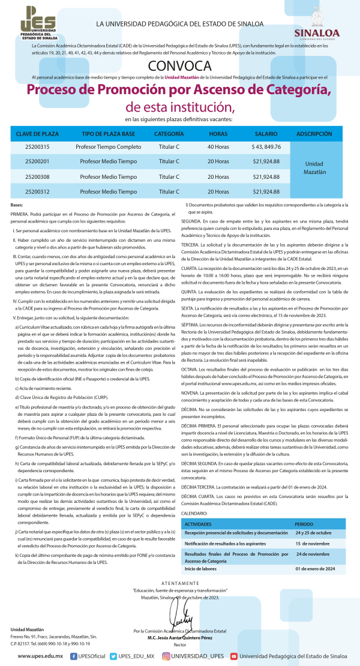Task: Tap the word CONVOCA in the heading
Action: (180, 65)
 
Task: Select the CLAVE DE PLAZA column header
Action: (37, 133)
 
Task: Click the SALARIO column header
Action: (266, 133)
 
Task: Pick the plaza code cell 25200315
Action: (37, 147)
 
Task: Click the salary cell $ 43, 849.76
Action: (266, 147)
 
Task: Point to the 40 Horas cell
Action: (218, 147)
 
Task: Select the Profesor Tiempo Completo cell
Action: (109, 147)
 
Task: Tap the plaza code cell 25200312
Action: (37, 192)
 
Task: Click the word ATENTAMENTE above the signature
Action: (179, 583)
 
